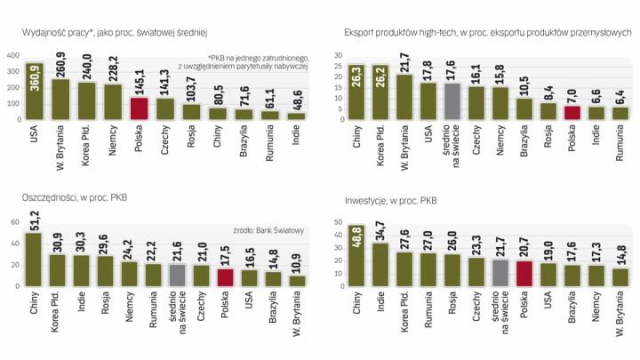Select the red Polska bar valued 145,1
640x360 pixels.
coord(139,108)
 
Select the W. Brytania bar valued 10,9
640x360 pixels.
coord(296,281)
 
